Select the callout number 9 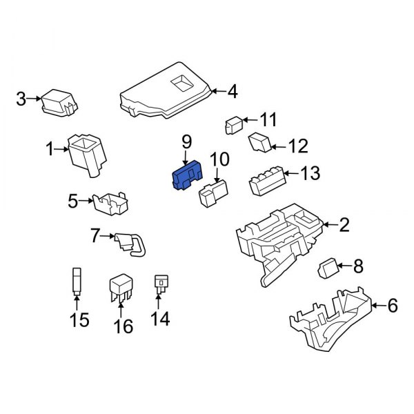pos(186,141)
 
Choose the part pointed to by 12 pos(260,143)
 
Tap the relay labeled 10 pos(215,192)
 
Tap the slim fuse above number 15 pos(77,281)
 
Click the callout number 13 pos(310,172)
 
